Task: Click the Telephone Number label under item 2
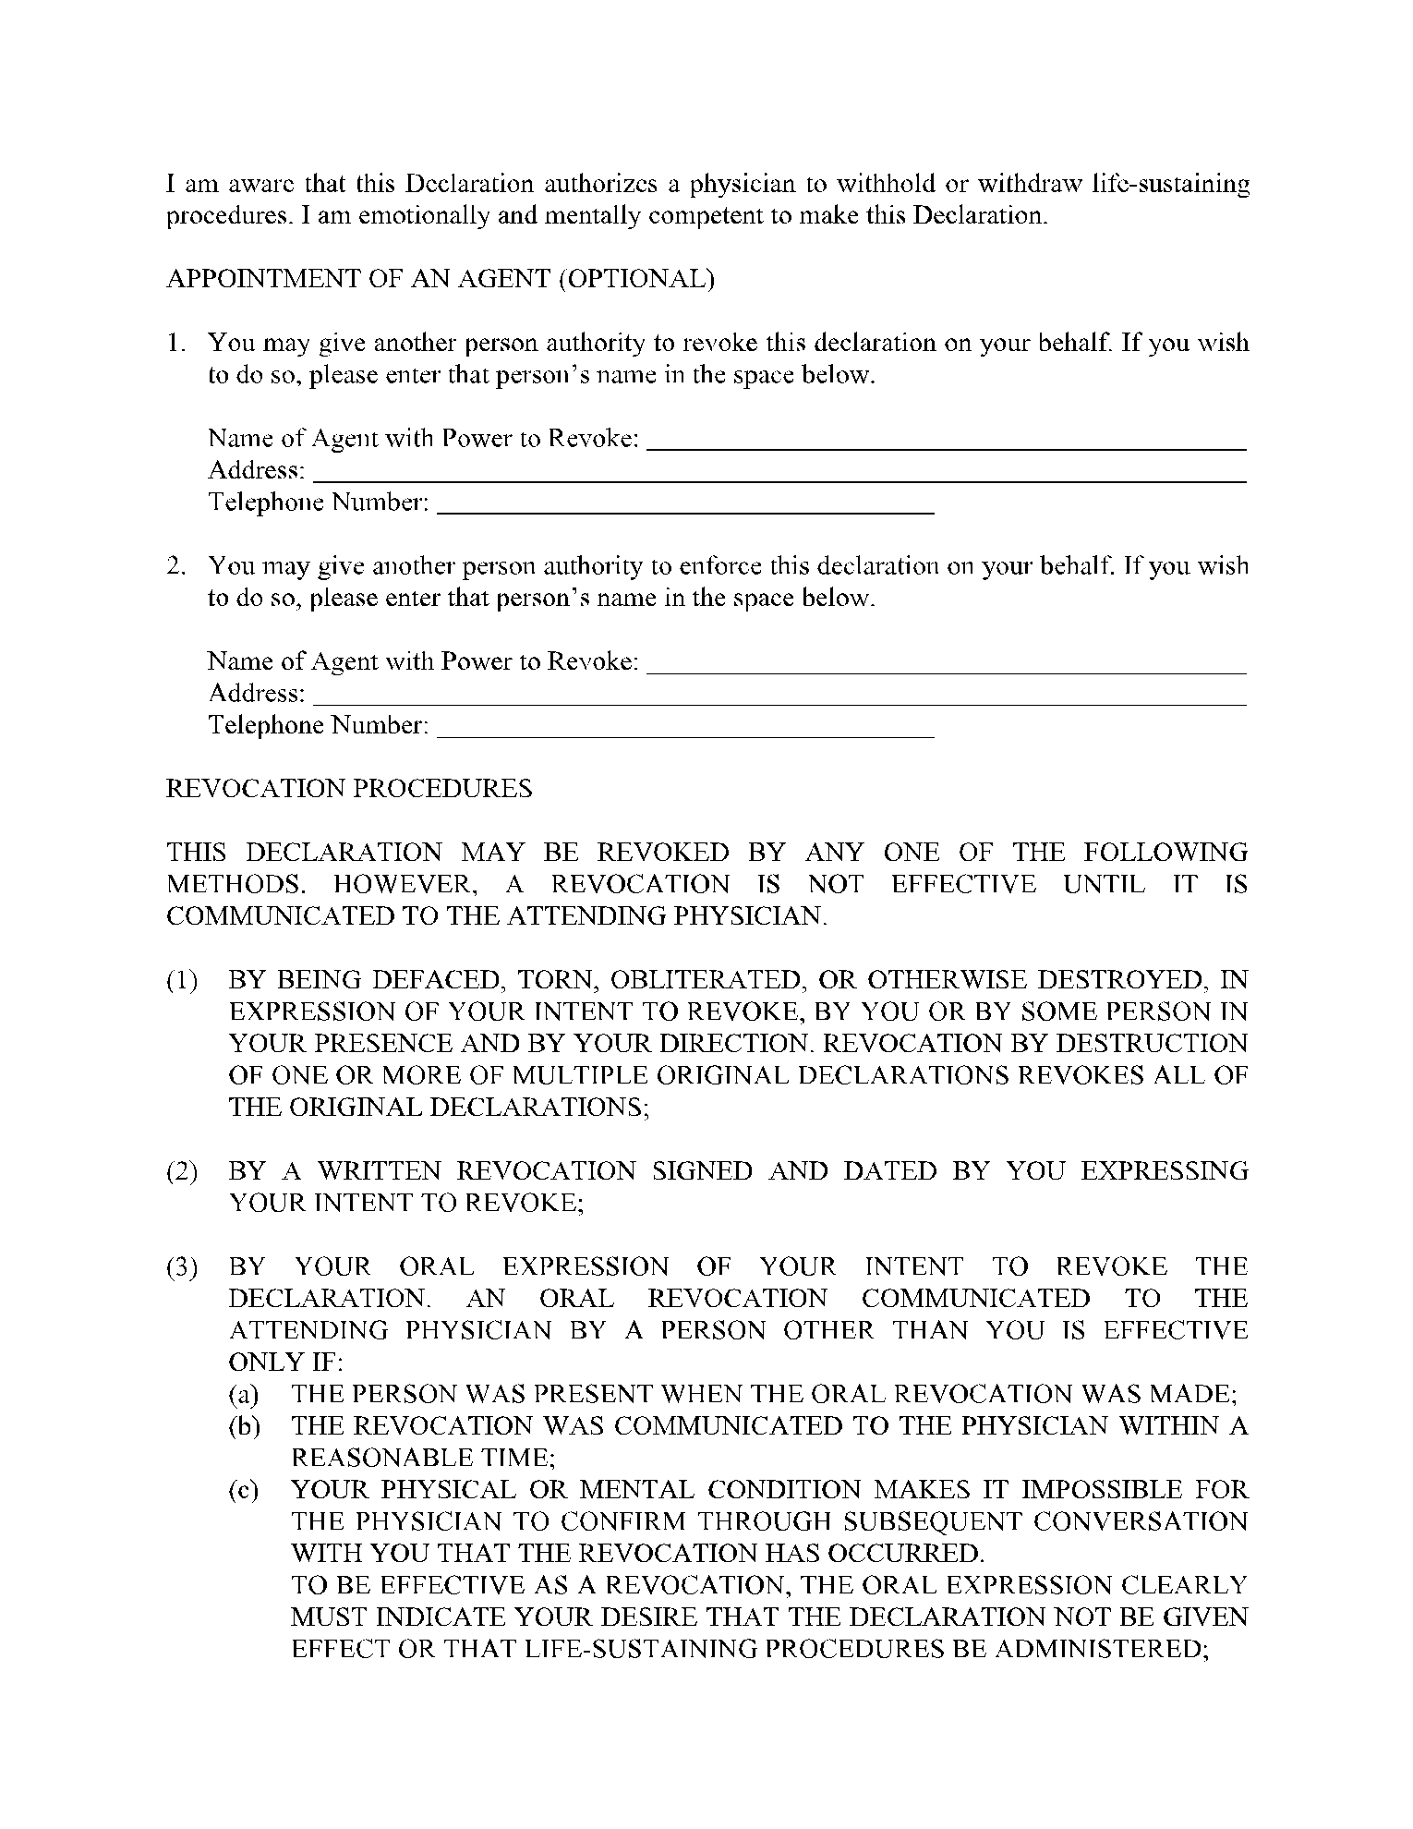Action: point(319,726)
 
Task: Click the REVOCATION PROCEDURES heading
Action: point(349,789)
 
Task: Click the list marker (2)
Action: point(182,1172)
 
